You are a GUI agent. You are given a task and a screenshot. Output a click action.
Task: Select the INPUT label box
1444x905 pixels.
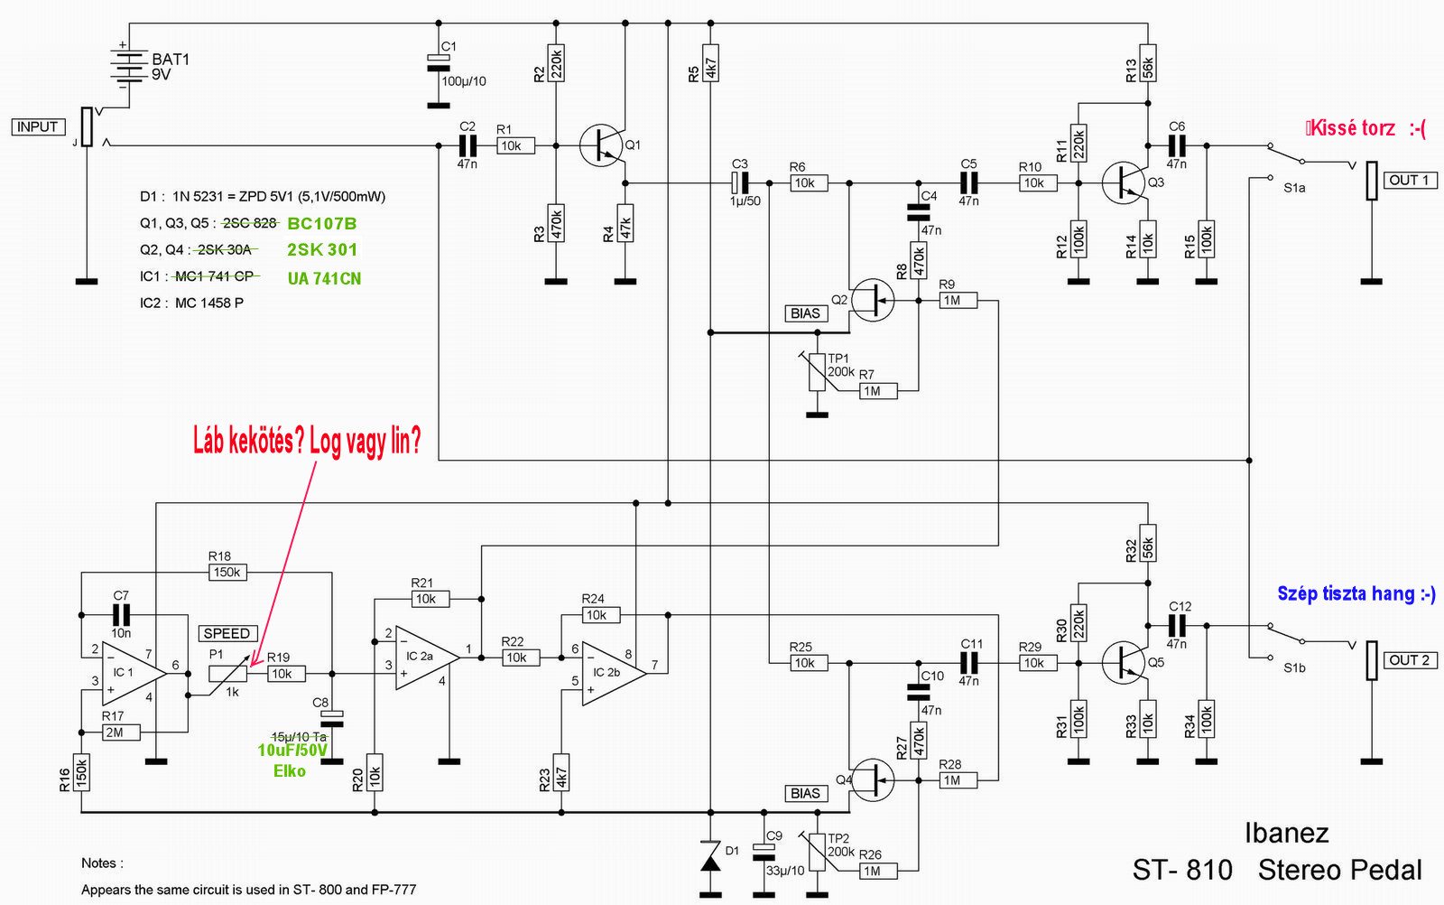click(38, 127)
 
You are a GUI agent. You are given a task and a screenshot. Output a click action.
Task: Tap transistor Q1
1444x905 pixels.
click(601, 145)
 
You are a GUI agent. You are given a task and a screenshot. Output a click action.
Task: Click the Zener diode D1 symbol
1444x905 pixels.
click(710, 856)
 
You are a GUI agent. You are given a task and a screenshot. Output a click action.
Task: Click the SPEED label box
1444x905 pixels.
click(227, 633)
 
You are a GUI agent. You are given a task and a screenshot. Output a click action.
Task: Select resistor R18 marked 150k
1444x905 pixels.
click(227, 572)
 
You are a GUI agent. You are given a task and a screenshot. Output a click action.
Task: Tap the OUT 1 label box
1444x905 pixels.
click(1409, 181)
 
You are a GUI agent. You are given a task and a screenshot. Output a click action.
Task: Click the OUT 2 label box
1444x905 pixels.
click(1409, 660)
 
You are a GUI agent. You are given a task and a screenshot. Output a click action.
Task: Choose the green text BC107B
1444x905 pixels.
click(321, 224)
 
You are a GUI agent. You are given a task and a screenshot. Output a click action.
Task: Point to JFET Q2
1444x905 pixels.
click(872, 300)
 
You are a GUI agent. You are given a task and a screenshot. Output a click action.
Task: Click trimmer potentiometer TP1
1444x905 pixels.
click(817, 372)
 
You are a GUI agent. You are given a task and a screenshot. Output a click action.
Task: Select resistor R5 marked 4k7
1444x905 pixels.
click(710, 63)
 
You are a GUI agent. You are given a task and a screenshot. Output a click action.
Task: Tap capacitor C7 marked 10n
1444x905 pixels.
click(121, 615)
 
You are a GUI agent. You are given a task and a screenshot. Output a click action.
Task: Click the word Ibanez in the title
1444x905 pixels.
click(1286, 834)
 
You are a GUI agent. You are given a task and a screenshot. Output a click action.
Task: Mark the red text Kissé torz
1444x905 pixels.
click(1353, 128)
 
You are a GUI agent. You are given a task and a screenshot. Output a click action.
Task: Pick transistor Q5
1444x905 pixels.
click(1125, 663)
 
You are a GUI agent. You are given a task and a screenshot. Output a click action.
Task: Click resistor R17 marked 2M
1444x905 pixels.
click(121, 732)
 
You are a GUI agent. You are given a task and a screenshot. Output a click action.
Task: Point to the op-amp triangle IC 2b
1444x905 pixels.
click(614, 674)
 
